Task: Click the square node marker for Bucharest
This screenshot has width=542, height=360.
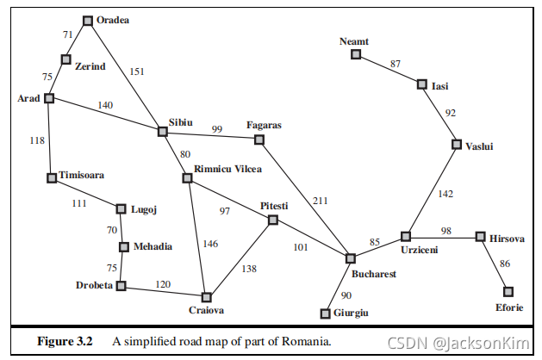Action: [x=351, y=258]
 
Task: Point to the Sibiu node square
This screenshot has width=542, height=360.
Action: [x=162, y=132]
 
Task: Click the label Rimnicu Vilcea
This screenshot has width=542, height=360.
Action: [x=228, y=169]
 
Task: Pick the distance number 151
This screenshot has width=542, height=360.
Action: [x=137, y=71]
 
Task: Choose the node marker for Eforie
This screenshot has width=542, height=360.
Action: [x=508, y=291]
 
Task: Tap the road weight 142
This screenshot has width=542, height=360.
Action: [x=444, y=194]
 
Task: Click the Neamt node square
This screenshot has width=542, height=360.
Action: [x=355, y=54]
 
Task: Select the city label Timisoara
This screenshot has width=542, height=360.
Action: [x=82, y=174]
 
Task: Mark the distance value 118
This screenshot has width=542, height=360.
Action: [x=36, y=140]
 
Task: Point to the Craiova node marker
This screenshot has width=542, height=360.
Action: [x=206, y=297]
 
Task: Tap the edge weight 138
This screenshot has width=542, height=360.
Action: [x=249, y=269]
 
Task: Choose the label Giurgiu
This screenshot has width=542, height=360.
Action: [x=352, y=313]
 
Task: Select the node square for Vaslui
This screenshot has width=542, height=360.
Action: [x=457, y=144]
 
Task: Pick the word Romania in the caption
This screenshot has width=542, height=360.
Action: [x=307, y=341]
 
